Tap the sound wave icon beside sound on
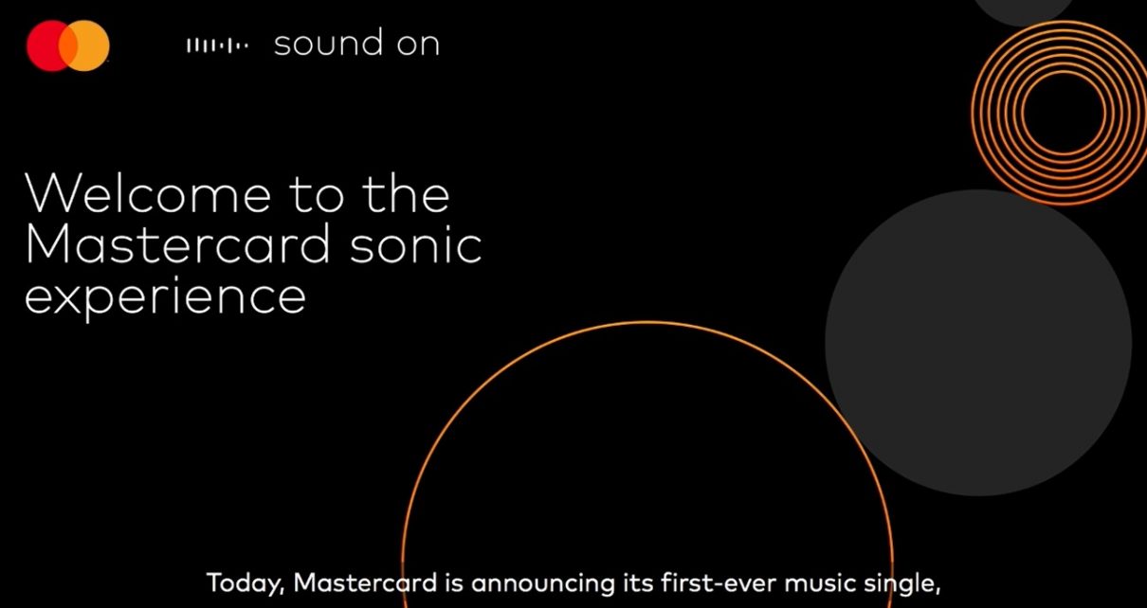click(218, 45)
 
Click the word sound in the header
click(328, 43)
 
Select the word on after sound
click(418, 45)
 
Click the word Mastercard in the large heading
click(177, 243)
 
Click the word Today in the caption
click(245, 584)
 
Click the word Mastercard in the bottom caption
click(365, 583)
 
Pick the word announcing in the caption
click(542, 584)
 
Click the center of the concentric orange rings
click(1063, 112)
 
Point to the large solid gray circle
click(978, 343)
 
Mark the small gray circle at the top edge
click(1023, 11)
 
